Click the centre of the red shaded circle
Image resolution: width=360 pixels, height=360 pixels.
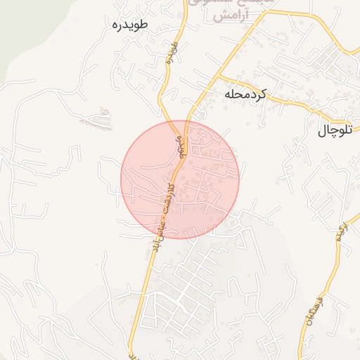180,180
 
